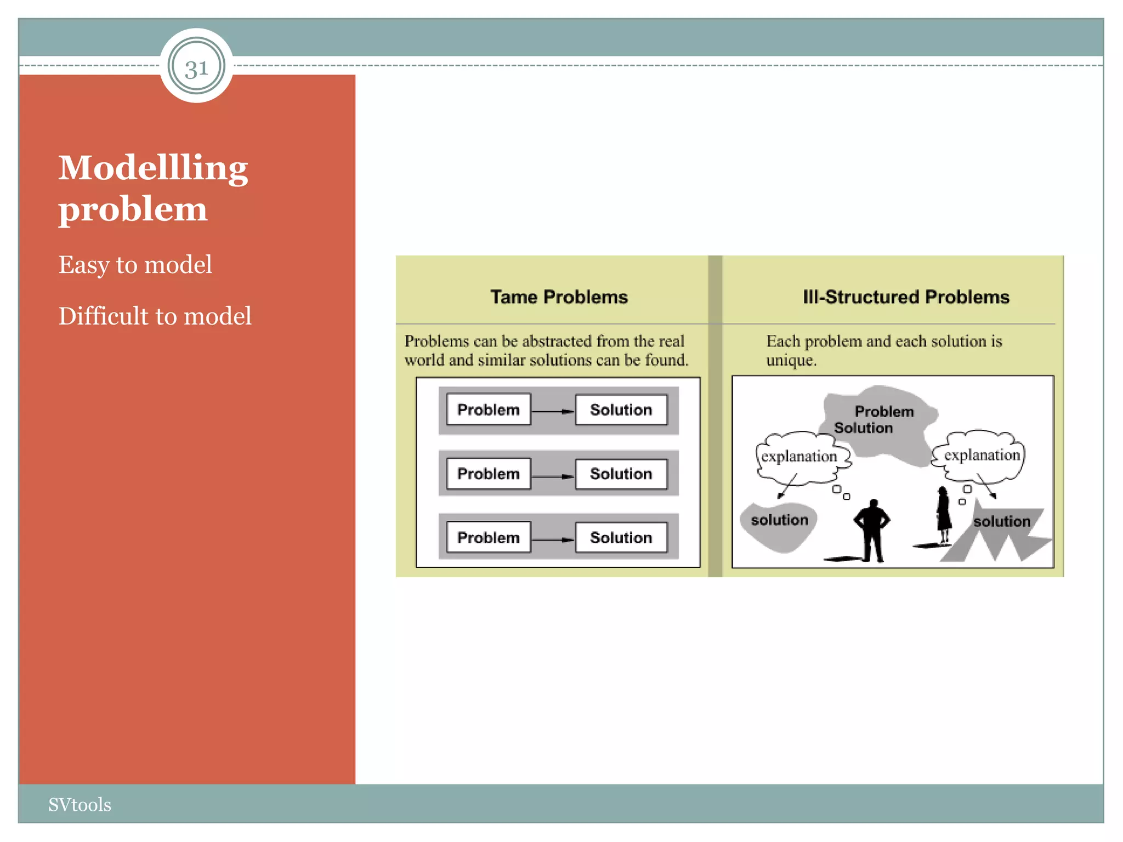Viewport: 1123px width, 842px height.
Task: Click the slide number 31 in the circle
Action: click(196, 68)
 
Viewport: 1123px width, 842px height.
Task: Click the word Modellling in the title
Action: click(153, 168)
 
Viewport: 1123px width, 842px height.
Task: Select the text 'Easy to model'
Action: click(135, 265)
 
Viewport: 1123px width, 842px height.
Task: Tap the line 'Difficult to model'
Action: click(155, 316)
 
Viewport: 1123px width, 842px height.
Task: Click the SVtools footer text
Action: click(80, 804)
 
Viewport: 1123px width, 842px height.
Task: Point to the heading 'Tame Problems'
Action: click(559, 297)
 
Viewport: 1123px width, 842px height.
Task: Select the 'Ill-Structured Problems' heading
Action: click(905, 297)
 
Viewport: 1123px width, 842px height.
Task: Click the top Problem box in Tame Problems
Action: click(488, 409)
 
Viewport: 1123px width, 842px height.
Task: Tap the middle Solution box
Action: click(621, 474)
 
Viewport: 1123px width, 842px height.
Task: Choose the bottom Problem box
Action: click(488, 537)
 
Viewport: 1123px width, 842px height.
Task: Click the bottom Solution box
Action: click(621, 537)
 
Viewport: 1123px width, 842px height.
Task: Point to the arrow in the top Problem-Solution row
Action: click(553, 411)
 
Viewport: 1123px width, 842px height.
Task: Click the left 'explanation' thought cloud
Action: click(799, 457)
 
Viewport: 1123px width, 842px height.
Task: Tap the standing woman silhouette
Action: click(943, 515)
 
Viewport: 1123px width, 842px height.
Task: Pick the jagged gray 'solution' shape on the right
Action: click(998, 534)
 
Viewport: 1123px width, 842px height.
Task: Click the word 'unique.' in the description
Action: click(791, 360)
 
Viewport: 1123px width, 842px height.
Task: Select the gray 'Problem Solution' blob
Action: click(877, 422)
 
